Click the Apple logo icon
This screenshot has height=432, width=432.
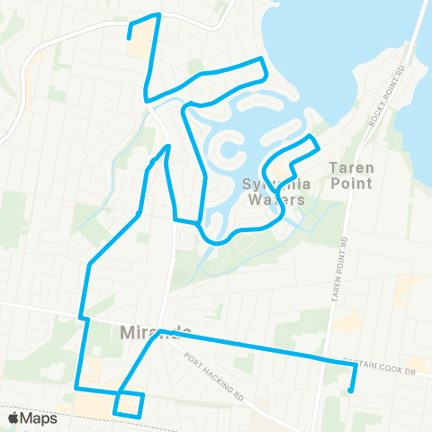tap(13, 418)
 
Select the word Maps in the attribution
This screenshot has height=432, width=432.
tap(40, 418)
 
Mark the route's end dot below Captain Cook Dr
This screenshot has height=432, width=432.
tap(350, 391)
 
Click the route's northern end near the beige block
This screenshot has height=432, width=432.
tap(130, 37)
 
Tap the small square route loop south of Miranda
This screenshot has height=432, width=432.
tap(130, 404)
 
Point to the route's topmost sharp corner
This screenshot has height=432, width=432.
tap(159, 14)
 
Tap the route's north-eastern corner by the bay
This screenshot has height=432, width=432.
tap(262, 58)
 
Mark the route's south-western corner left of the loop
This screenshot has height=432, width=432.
tap(76, 389)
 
